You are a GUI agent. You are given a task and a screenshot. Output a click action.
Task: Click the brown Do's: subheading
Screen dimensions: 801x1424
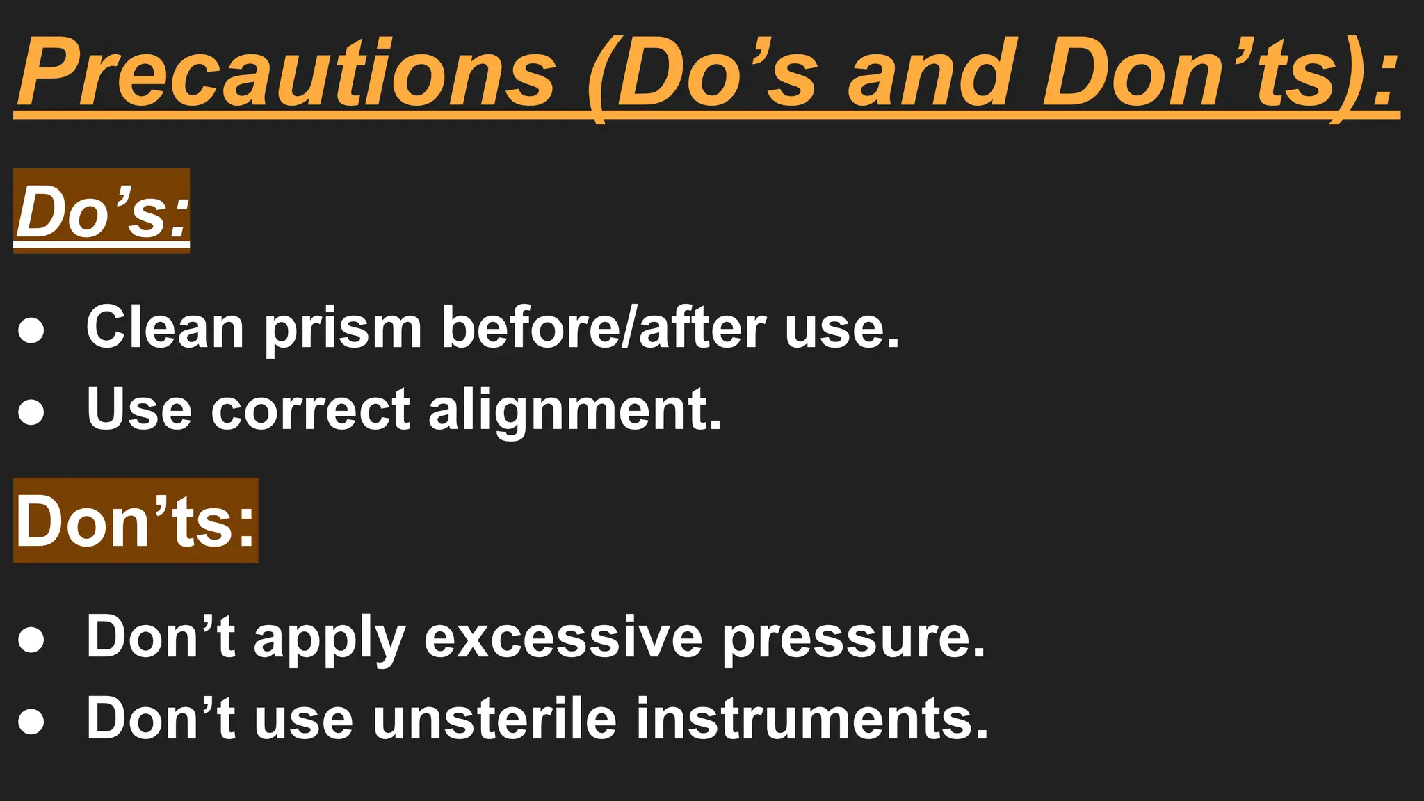[x=102, y=211]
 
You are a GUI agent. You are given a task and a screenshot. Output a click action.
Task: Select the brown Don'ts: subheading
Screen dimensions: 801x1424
[x=136, y=521]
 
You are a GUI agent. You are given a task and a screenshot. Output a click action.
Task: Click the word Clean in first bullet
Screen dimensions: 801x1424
[x=165, y=327]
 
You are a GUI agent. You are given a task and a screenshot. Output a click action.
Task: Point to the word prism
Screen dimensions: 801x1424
[x=343, y=327]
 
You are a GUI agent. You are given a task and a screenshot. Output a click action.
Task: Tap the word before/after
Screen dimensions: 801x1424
[x=604, y=327]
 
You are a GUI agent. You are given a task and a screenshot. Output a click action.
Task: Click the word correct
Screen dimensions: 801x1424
[x=310, y=410]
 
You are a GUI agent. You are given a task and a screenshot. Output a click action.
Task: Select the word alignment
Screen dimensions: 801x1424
[x=575, y=410]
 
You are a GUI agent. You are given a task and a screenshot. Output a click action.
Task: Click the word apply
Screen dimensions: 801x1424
[x=330, y=637]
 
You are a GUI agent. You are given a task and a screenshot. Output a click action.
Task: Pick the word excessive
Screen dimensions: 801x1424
[x=563, y=637]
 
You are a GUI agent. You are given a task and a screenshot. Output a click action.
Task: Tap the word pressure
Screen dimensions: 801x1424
[x=854, y=637]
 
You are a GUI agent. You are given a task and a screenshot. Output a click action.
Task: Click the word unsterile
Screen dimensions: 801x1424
[x=494, y=719]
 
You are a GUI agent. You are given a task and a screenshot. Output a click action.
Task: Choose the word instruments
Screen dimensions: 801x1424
[x=811, y=719]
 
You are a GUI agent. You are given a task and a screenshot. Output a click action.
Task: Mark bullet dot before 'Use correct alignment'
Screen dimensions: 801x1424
[x=31, y=412]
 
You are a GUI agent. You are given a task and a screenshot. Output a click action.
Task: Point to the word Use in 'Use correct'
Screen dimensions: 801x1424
[x=138, y=410]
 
